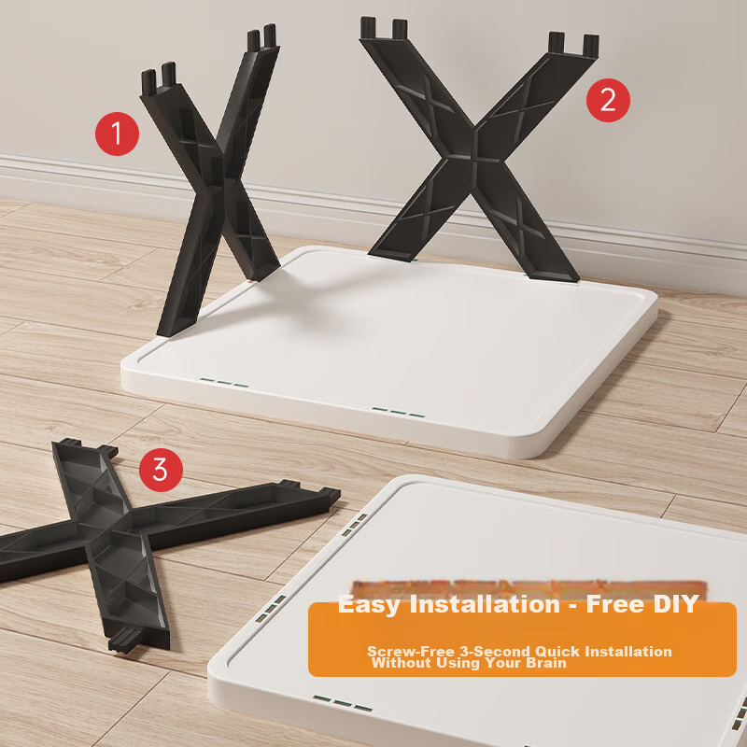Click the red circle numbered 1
click(118, 134)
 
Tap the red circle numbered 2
click(608, 101)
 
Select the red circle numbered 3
click(161, 470)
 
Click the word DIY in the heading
click(675, 604)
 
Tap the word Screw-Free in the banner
click(411, 651)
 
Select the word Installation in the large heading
click(485, 604)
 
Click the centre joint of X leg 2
click(473, 150)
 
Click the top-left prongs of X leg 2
click(384, 29)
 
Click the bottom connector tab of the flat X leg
click(127, 638)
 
